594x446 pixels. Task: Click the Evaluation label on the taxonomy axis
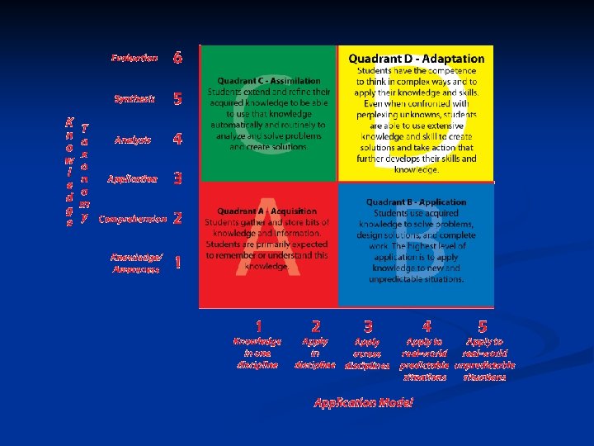134,58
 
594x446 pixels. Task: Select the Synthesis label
134,99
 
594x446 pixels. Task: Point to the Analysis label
133,140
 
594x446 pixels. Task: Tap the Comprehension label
132,220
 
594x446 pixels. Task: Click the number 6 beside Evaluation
177,58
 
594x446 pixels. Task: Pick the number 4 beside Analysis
177,140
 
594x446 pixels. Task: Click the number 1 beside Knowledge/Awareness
178,263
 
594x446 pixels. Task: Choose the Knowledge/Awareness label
137,263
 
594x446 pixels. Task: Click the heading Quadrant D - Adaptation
416,59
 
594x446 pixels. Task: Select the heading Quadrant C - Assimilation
269,81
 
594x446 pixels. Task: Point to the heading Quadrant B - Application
417,202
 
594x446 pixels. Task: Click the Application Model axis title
363,402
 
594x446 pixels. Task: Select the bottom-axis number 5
483,328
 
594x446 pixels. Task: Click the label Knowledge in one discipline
257,353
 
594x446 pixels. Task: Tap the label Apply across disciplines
367,353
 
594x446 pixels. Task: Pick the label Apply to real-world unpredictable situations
484,358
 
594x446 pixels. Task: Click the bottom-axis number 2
316,328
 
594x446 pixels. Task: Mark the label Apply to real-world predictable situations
426,358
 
